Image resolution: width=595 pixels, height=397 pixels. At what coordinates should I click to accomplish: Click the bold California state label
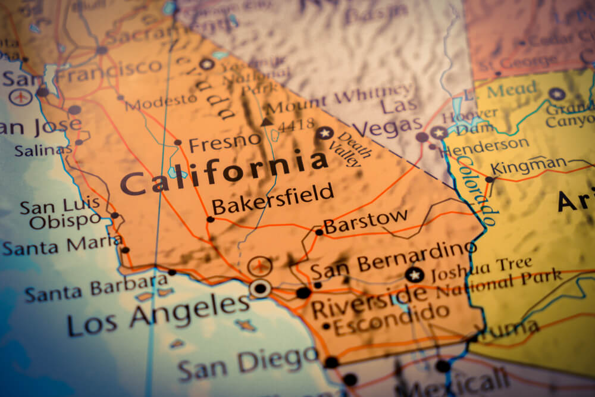pos(224,172)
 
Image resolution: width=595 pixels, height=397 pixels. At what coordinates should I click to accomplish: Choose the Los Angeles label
pos(158,314)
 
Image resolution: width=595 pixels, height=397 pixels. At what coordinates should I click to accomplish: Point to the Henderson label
pos(486,146)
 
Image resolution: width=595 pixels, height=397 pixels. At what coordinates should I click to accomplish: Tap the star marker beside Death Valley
pos(324,133)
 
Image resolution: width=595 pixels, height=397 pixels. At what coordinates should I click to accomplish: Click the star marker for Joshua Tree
pos(414,274)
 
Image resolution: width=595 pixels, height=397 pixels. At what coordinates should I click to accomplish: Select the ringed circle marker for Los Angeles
pos(260,288)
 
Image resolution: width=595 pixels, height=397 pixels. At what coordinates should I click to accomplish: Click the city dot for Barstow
pos(319,232)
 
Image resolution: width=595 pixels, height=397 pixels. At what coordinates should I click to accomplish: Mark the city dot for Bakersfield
pos(210,219)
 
